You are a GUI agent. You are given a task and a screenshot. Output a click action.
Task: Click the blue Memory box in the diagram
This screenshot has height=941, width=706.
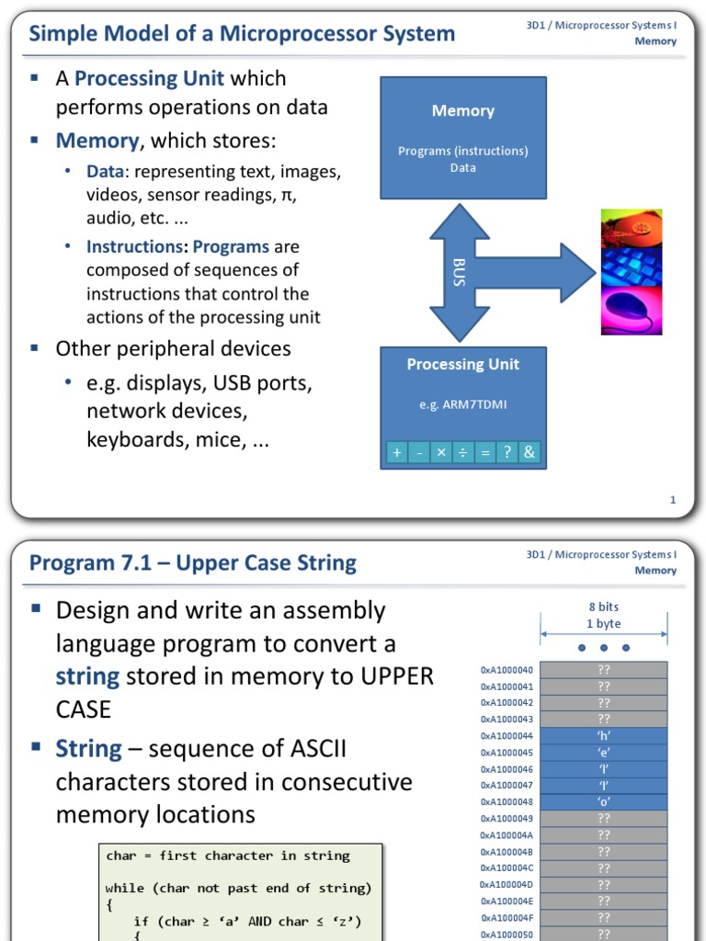point(462,138)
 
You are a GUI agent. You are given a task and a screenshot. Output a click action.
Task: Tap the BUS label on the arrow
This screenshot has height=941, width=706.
point(460,272)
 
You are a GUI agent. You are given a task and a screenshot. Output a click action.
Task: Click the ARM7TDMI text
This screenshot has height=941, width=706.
point(462,403)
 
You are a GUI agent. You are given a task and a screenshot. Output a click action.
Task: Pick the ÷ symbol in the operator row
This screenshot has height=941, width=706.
point(462,452)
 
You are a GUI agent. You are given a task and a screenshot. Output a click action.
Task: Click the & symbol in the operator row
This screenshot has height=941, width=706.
point(529,452)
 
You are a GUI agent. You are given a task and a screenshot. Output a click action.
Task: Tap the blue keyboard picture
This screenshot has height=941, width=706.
point(631,267)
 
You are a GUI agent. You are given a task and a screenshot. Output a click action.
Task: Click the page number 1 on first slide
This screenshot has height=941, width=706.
point(673,500)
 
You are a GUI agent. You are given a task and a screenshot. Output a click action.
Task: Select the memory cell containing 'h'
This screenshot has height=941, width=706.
point(603,736)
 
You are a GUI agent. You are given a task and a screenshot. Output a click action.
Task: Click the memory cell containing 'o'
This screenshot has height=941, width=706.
point(603,802)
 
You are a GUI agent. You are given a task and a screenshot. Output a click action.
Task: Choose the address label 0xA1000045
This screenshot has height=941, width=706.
point(507,753)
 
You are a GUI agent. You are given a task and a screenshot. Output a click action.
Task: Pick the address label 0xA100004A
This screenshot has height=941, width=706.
point(507,835)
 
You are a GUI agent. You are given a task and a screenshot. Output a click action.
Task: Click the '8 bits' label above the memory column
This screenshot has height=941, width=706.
point(604,607)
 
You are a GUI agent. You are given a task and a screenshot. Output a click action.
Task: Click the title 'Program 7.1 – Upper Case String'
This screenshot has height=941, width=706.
point(193,563)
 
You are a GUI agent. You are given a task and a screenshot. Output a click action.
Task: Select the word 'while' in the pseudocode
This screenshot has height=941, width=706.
point(125,888)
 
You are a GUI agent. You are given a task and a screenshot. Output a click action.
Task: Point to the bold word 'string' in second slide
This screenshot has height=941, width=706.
point(87,676)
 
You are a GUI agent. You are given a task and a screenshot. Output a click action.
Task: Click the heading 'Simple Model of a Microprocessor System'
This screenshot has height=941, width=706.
point(242,34)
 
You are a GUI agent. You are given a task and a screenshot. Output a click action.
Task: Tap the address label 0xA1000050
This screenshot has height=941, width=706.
point(507,934)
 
